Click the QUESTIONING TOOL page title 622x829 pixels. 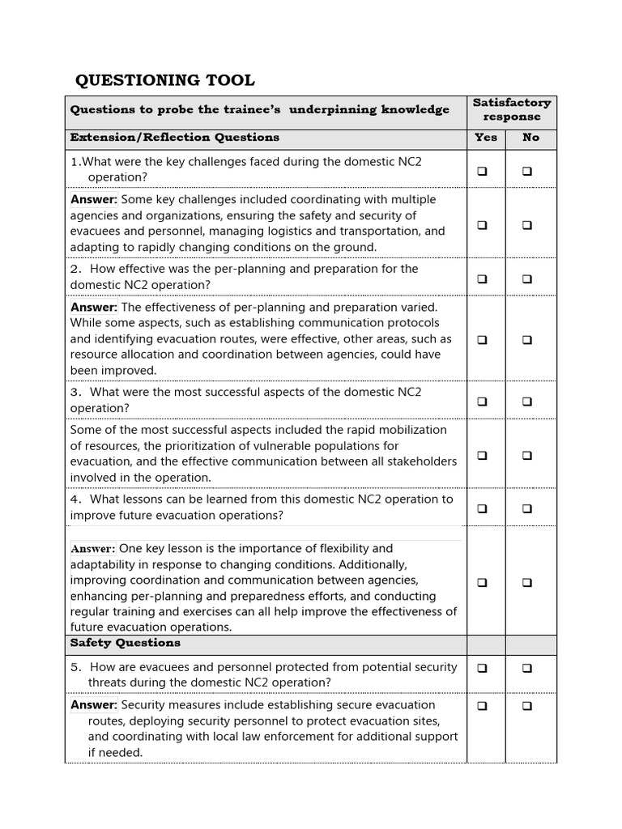164,80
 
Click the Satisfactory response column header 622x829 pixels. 511,109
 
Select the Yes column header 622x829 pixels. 485,138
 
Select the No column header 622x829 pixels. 530,138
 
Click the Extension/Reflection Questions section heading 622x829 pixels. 174,138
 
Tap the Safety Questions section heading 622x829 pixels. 126,643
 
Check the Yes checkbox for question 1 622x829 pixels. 482,171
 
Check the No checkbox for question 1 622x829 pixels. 527,171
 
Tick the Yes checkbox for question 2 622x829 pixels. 482,278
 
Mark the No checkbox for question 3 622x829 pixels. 527,401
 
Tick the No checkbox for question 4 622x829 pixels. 527,508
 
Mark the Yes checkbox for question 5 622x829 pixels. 482,668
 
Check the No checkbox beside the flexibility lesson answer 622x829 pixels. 527,582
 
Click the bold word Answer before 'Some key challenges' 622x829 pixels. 94,200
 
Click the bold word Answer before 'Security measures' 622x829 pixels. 94,705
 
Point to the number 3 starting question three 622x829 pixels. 74,393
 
